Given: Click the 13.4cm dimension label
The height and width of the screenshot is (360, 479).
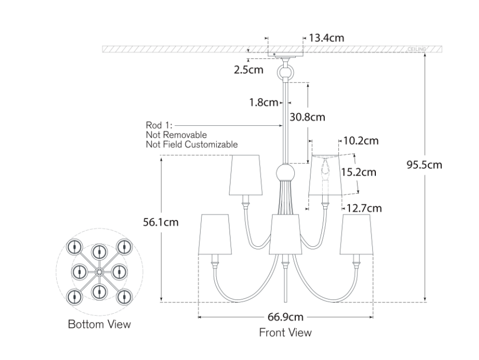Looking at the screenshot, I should (326, 38).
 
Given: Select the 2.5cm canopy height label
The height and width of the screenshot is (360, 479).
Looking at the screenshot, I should (249, 69).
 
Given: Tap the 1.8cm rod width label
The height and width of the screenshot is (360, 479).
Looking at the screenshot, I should (263, 103).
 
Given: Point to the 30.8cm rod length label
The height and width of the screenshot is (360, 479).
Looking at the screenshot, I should (307, 117).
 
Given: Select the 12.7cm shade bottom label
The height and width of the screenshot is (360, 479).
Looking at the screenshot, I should (362, 208).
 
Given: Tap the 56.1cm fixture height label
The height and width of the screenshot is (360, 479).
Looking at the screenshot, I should (161, 222).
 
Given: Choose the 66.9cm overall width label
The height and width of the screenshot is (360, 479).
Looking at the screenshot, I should (285, 317).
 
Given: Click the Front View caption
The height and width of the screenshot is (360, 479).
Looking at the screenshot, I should (285, 333).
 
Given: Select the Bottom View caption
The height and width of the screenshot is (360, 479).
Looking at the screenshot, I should (99, 324).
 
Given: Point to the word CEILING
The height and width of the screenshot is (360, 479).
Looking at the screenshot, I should (416, 49).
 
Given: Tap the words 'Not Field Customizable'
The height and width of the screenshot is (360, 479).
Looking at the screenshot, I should (192, 144).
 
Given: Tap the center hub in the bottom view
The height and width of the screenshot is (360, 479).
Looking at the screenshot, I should (99, 272).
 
